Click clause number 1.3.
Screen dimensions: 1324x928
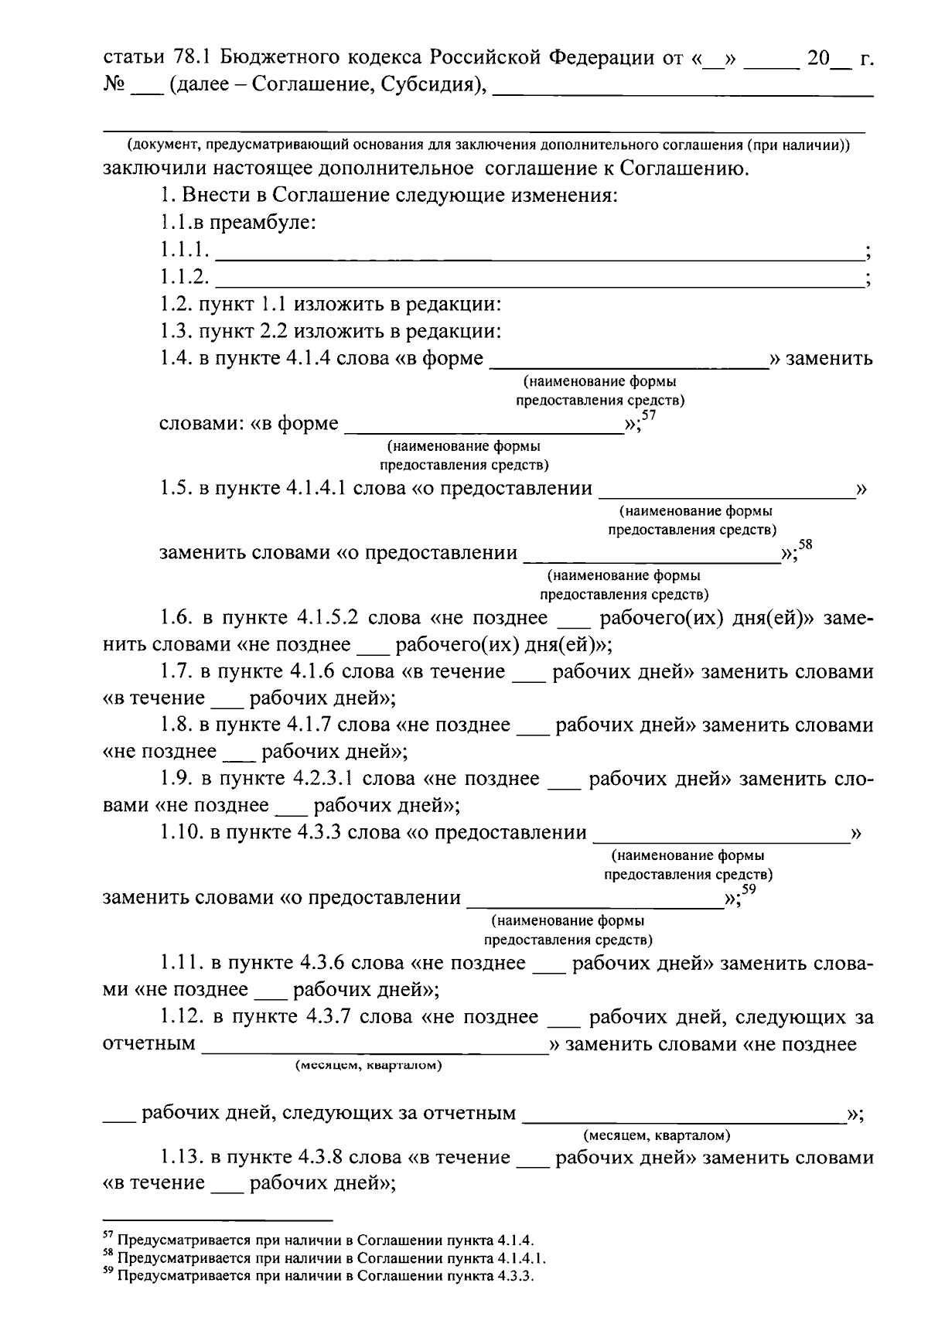(x=176, y=331)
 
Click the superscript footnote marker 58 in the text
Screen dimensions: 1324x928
(x=805, y=545)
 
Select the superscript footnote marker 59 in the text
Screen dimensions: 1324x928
(x=748, y=889)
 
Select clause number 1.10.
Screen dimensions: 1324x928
(x=181, y=832)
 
